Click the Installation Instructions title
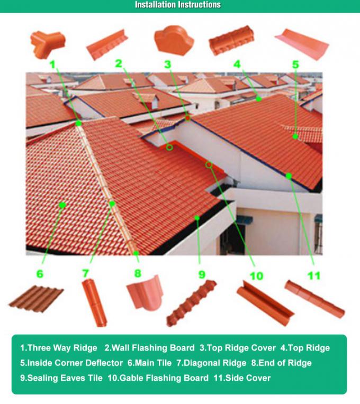click(x=178, y=5)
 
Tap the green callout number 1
click(x=52, y=64)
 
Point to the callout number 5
click(x=295, y=65)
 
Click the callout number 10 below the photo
click(x=256, y=276)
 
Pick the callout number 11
click(x=314, y=275)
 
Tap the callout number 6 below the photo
click(x=40, y=274)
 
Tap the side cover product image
click(x=314, y=299)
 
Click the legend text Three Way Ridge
click(x=59, y=348)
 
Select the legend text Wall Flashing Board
click(x=150, y=348)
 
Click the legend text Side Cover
click(x=242, y=378)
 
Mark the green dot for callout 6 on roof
click(x=62, y=205)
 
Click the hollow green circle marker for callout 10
click(x=209, y=164)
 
